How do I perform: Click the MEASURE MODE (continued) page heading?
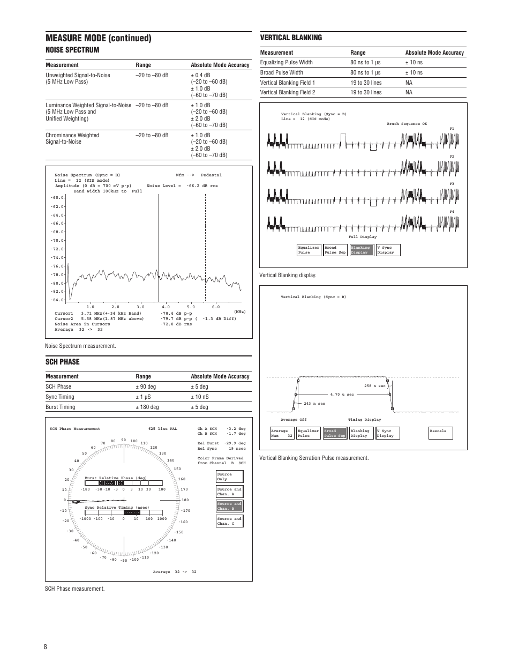[x=99, y=38]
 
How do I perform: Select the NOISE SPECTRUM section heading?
[x=72, y=50]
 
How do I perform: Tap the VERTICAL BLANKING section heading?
[x=291, y=38]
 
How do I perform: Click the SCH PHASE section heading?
[x=62, y=362]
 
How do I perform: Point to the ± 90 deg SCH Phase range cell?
[x=146, y=386]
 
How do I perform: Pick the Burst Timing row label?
[x=61, y=407]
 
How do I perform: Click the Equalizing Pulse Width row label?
[x=286, y=62]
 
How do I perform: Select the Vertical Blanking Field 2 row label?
[x=287, y=92]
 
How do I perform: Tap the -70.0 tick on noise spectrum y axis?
[x=57, y=241]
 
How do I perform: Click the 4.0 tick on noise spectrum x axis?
[x=166, y=307]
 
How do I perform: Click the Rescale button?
[x=440, y=433]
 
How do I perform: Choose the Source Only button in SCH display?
[x=229, y=477]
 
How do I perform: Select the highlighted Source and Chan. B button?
[x=229, y=506]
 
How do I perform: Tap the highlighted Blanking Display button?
[x=360, y=250]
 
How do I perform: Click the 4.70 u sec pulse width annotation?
[x=342, y=395]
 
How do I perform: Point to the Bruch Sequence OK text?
[x=407, y=124]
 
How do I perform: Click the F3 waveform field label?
[x=452, y=184]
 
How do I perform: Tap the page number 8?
[x=46, y=646]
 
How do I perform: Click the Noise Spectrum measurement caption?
[x=80, y=346]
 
